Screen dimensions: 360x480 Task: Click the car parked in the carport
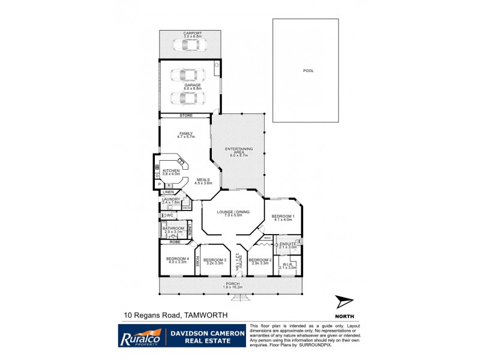[x=189, y=44]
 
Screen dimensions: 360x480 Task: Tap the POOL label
[x=308, y=71]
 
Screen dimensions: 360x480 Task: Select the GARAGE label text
[x=193, y=85]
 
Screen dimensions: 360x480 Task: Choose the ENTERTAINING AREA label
[x=239, y=149]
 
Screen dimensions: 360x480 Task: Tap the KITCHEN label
[x=171, y=171]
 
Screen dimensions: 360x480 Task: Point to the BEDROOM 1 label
[x=282, y=216]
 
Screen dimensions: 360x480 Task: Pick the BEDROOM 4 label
[x=178, y=259]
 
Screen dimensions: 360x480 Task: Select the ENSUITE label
[x=289, y=244]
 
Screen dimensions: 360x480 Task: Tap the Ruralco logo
[x=140, y=335]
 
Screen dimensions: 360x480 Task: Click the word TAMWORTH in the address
[x=205, y=314]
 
